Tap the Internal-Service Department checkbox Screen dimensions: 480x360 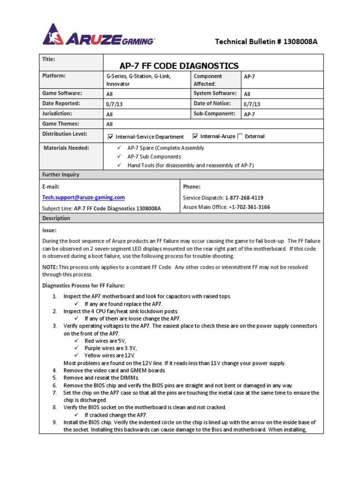111,137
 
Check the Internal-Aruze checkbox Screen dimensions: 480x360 195,136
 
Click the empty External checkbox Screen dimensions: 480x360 240,136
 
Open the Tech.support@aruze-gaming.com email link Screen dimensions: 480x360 83,198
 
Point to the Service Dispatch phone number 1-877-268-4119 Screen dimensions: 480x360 244,198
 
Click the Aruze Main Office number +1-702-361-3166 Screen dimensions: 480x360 249,207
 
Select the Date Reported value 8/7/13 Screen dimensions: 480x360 112,104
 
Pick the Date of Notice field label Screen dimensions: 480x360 212,104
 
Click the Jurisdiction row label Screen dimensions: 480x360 57,114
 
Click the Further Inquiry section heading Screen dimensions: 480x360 61,175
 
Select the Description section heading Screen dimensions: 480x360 56,218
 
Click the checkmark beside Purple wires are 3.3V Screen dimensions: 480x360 76,348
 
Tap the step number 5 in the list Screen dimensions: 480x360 54,377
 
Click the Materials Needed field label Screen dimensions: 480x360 66,148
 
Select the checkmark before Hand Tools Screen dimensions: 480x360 120,165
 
